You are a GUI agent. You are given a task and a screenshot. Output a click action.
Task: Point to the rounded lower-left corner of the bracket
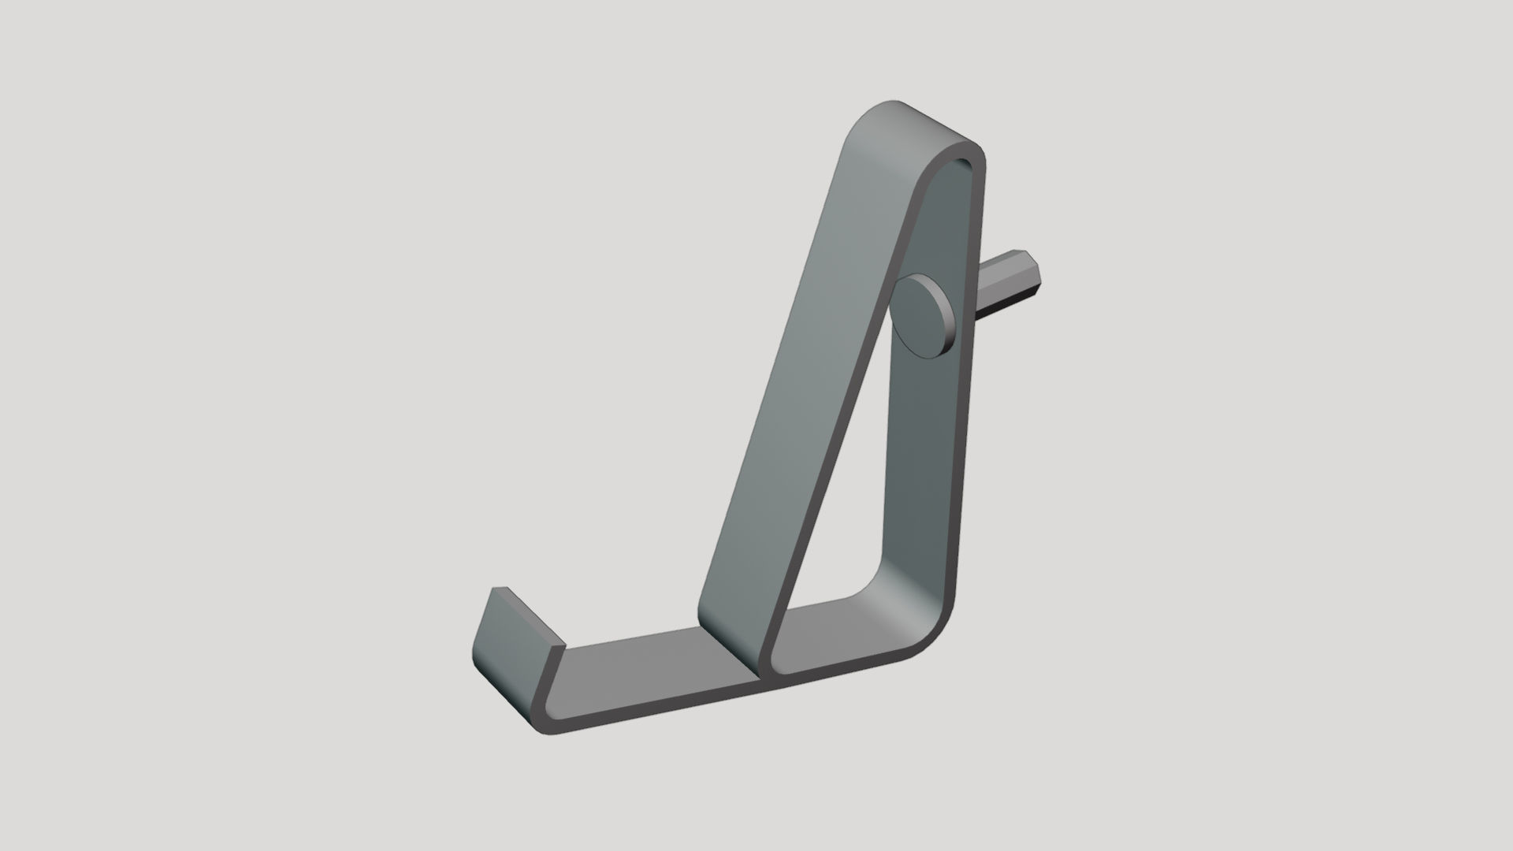point(544,721)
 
